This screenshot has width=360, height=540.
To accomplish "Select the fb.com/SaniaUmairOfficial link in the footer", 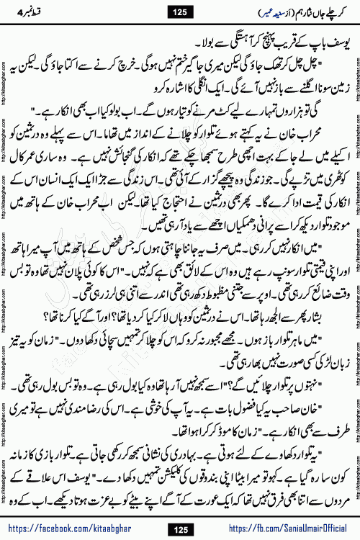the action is click(284, 530).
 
